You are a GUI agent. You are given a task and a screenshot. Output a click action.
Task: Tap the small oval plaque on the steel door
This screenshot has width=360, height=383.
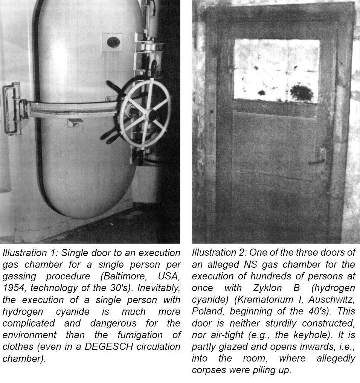click(113, 42)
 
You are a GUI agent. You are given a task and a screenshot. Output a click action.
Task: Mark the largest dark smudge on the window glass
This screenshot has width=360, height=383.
click(301, 93)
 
